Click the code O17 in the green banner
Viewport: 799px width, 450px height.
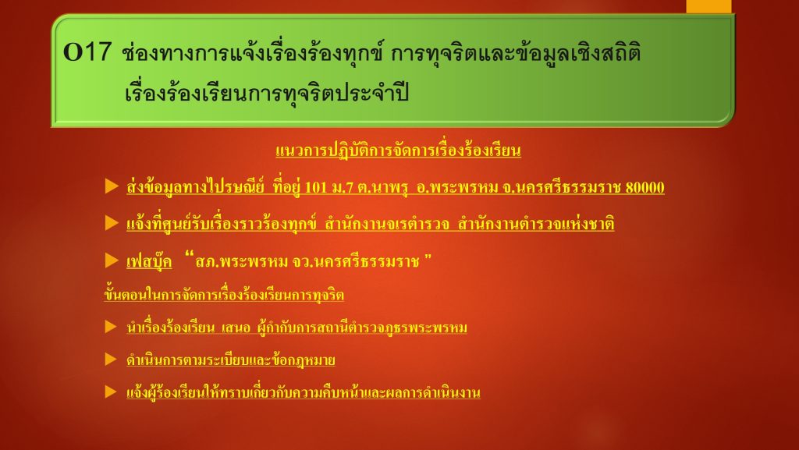87,52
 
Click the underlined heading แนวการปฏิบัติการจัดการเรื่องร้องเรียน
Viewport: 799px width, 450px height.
398,151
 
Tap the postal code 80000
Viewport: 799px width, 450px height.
645,187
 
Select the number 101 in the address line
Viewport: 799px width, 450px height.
315,187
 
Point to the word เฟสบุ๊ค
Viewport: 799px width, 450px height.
149,261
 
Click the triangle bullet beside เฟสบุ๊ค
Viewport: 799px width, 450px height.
112,260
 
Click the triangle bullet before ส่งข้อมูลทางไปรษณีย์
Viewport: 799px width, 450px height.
112,186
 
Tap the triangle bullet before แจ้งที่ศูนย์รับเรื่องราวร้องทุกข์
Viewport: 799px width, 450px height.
112,222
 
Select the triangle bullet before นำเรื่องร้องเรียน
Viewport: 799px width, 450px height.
111,326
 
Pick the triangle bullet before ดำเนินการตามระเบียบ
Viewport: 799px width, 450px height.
111,359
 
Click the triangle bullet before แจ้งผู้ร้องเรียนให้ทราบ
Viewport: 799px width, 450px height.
111,392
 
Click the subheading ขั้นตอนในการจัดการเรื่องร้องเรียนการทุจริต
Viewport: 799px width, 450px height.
224,295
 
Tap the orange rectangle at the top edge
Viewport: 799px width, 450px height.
708,6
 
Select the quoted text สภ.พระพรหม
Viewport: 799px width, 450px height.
242,261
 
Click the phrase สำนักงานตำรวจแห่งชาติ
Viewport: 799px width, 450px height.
536,224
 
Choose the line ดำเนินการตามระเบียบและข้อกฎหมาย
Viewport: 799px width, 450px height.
231,360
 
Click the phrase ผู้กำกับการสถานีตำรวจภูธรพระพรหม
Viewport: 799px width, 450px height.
362,328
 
